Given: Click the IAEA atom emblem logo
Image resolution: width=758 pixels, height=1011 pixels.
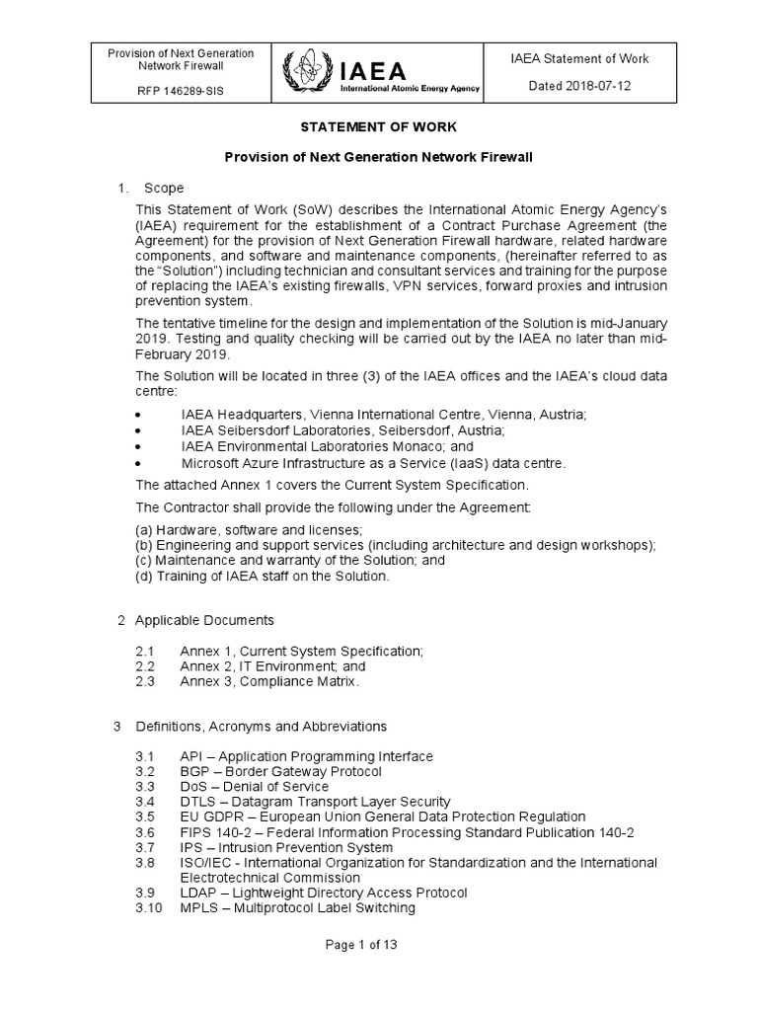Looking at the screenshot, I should coord(304,73).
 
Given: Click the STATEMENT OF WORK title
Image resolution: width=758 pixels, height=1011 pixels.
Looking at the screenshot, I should coord(378,127).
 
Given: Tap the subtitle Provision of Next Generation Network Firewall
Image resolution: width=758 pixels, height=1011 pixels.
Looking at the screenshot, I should coord(378,157).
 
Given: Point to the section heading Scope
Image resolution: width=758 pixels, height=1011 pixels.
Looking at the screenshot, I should coord(163,188).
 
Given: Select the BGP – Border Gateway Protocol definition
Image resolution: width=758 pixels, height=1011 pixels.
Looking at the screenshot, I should coord(280,771).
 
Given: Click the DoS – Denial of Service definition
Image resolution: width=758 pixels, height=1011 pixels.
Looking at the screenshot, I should coord(254,786).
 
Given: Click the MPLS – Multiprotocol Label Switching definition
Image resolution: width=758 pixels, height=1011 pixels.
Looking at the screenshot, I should coord(297,907).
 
